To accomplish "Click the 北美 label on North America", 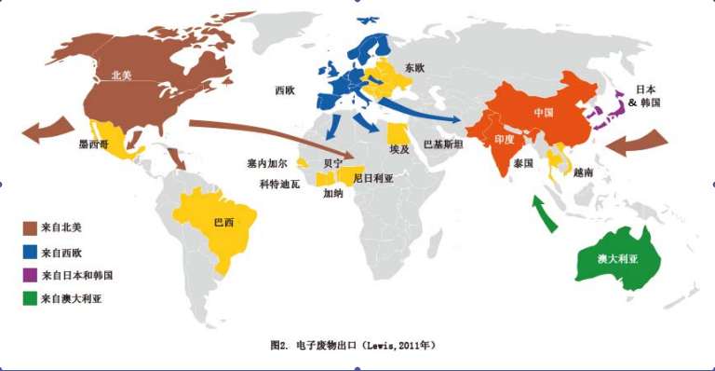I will click(x=122, y=76).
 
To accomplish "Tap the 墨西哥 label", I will click(x=98, y=145).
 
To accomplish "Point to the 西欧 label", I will click(x=284, y=90).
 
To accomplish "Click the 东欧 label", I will click(x=415, y=67).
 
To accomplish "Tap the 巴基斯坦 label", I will click(x=443, y=144).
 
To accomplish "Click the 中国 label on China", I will click(x=545, y=112).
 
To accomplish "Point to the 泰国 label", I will click(x=522, y=162).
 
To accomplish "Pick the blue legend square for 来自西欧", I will click(x=31, y=250).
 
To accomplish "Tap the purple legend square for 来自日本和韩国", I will click(x=31, y=274).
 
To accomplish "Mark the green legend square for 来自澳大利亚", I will click(x=31, y=298).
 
